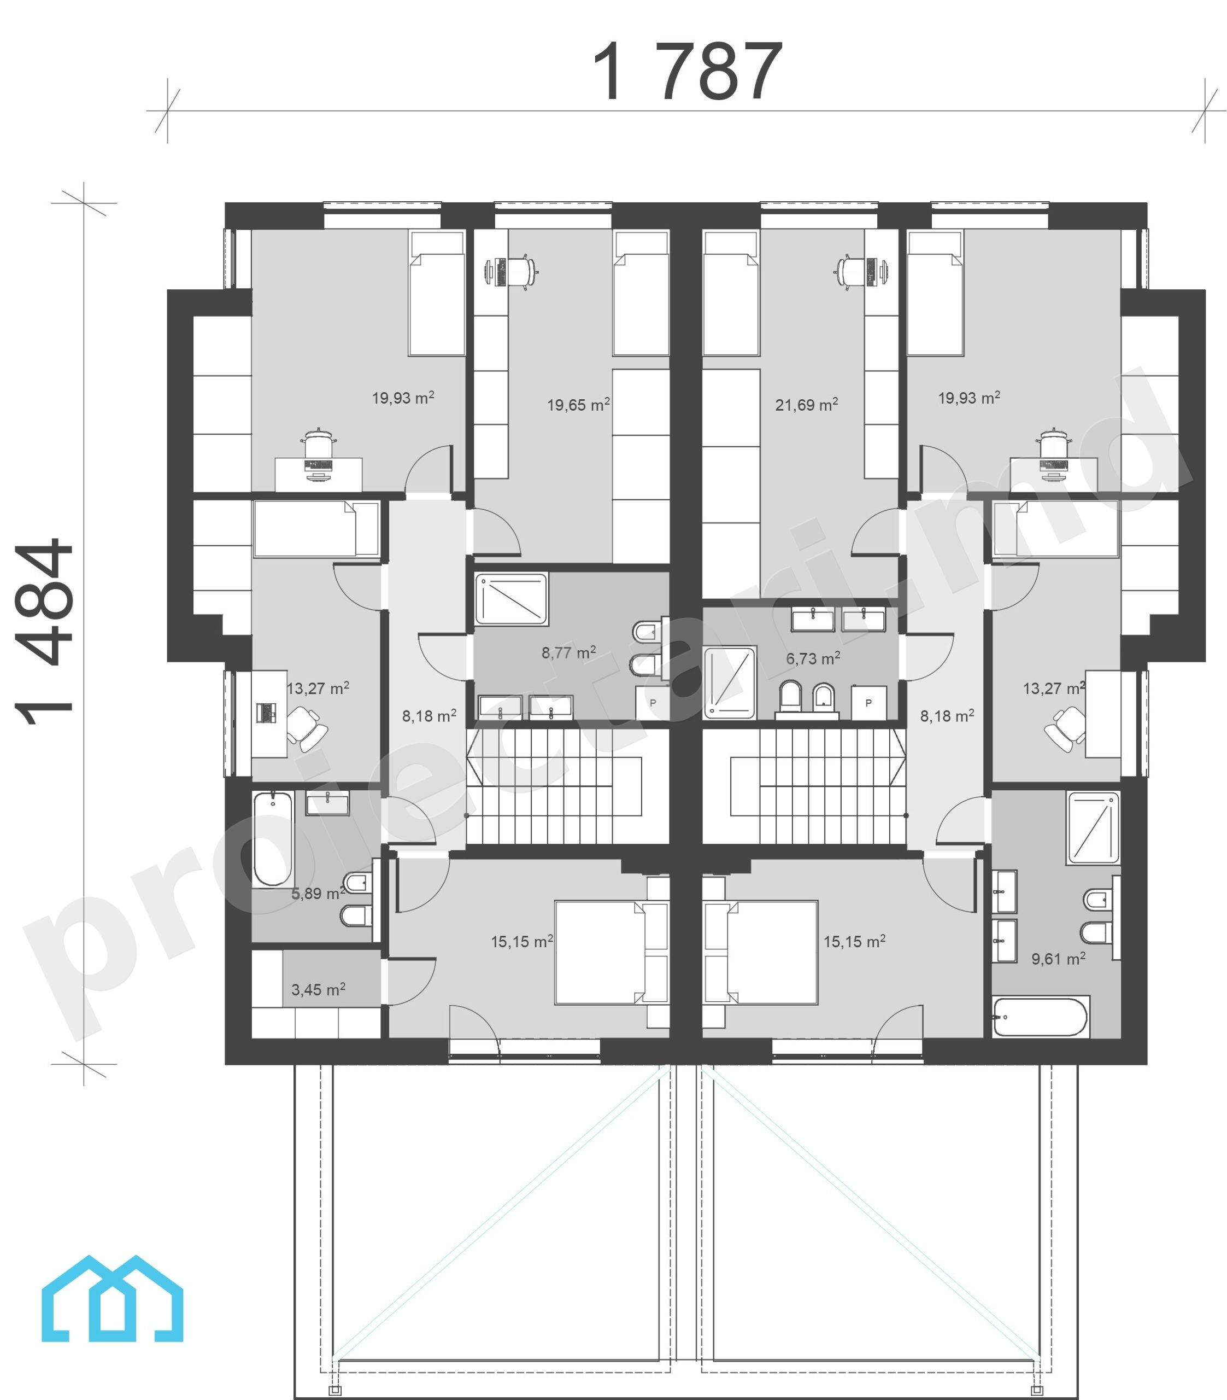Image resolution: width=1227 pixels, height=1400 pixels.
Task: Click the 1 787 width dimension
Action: (687, 71)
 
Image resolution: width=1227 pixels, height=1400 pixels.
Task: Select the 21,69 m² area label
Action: (807, 404)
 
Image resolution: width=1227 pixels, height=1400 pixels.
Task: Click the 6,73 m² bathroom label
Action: (813, 658)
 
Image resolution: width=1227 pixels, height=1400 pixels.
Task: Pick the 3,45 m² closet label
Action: (318, 989)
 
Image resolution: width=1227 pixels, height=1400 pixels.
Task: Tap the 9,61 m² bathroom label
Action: (1058, 958)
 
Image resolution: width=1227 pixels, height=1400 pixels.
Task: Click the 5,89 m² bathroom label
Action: (318, 893)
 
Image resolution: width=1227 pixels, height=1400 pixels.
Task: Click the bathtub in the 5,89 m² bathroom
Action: (273, 839)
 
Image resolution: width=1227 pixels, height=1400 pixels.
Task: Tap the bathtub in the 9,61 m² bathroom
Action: (1040, 1017)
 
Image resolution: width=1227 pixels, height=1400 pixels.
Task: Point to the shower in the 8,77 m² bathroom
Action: (512, 599)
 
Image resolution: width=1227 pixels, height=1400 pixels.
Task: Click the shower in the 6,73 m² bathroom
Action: (730, 682)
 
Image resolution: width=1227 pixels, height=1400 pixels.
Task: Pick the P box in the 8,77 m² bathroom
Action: (653, 703)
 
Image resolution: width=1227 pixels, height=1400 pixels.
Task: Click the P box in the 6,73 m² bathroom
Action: (869, 703)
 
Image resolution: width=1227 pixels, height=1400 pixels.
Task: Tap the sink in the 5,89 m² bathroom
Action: (327, 803)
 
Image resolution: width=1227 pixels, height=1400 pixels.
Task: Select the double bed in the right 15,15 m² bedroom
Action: (771, 952)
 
